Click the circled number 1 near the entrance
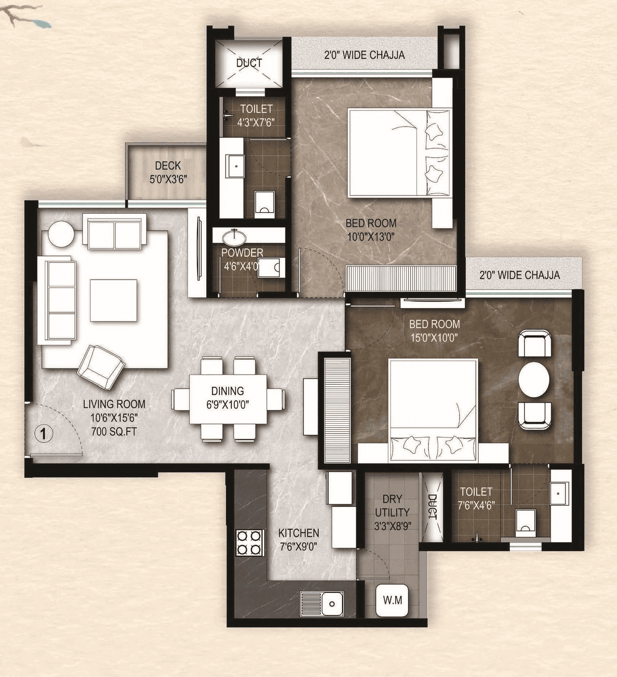pos(43,434)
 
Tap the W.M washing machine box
pos(392,600)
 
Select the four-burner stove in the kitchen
pos(249,543)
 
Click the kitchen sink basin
pos(332,604)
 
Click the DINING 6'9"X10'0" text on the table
pos(228,398)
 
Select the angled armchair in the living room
pos(101,367)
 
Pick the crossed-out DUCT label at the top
pos(249,63)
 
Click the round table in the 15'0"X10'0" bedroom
pos(534,379)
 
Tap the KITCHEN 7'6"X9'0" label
pos(298,539)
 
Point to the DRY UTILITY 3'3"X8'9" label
pos(392,512)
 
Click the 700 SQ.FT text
pos(114,431)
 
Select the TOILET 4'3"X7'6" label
pos(256,116)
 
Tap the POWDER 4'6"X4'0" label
pos(242,259)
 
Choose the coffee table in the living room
pos(113,300)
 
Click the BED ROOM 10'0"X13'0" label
pos(371,230)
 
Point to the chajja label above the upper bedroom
pos(364,55)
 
